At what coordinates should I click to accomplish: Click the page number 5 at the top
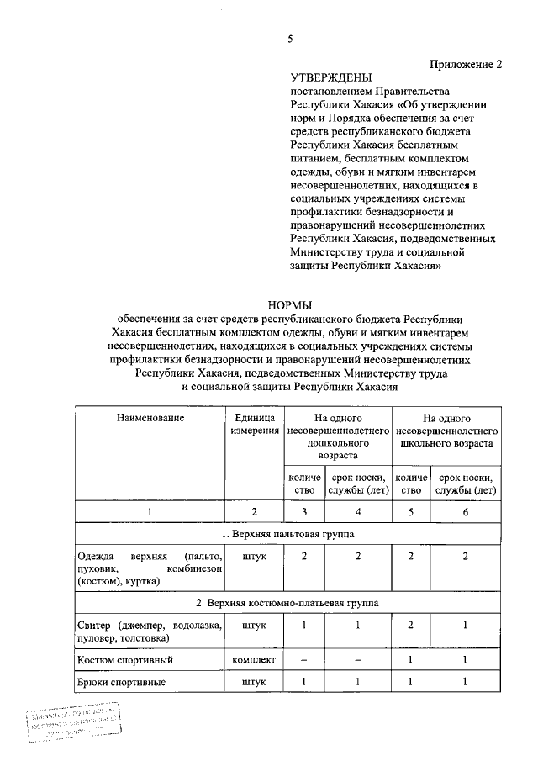pos(291,39)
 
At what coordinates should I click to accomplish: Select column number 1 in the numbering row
pos(150,511)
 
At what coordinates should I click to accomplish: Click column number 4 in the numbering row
pos(357,511)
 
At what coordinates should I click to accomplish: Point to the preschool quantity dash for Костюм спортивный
pos(304,659)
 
